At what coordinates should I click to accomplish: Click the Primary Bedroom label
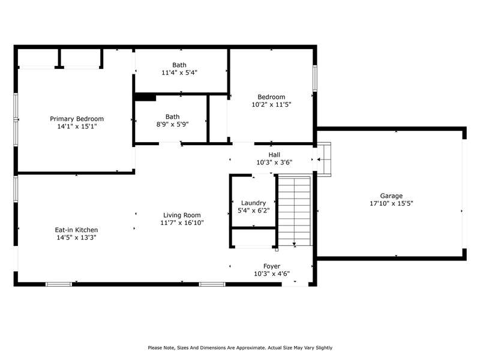(77, 119)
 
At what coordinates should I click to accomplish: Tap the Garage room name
(391, 196)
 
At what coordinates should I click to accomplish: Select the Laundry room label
(253, 203)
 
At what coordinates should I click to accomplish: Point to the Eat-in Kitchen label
(77, 230)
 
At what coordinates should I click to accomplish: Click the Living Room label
(182, 215)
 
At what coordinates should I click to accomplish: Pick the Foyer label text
(272, 266)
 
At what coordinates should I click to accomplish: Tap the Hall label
(274, 155)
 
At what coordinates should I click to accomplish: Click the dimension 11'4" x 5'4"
(179, 73)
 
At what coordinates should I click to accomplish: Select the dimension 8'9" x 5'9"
(172, 124)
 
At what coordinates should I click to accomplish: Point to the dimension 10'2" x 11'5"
(271, 104)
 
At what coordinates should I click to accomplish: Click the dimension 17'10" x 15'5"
(392, 203)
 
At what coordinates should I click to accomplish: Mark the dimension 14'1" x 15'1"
(77, 127)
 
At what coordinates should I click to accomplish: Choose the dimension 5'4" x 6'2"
(253, 211)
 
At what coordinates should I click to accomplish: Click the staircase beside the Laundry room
(295, 211)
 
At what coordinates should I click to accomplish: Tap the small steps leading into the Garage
(324, 159)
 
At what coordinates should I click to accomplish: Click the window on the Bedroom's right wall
(314, 78)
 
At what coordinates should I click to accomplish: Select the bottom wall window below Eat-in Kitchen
(59, 284)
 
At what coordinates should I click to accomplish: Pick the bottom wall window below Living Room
(212, 284)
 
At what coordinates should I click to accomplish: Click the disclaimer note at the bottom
(240, 348)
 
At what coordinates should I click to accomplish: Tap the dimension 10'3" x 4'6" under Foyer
(272, 274)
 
